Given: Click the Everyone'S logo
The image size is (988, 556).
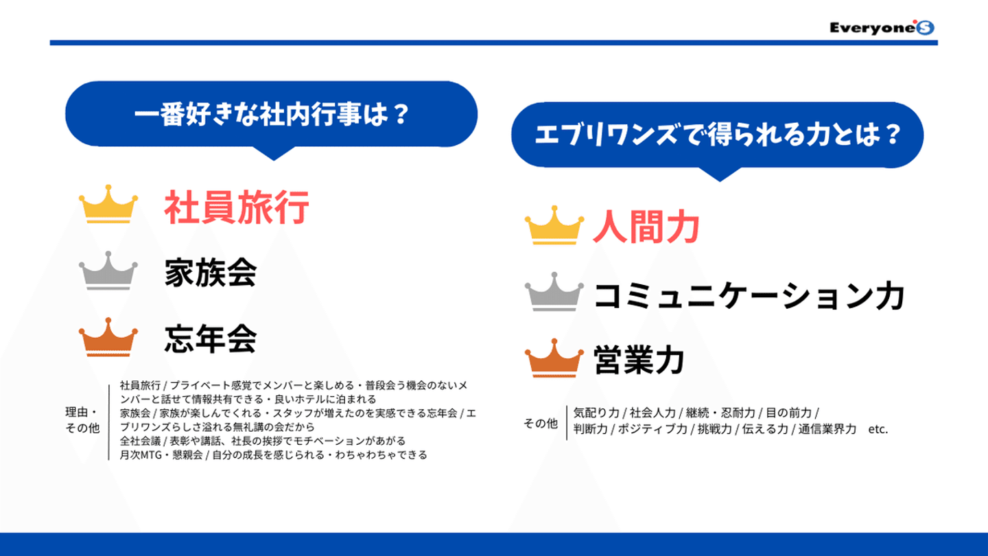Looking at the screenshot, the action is (x=882, y=27).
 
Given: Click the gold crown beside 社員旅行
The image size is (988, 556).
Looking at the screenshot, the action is (x=108, y=205).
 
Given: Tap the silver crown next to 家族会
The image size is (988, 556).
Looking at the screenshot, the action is (x=108, y=270).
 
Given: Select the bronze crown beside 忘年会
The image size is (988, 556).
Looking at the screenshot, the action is (x=108, y=336).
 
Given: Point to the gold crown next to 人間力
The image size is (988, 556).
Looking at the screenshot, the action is (x=554, y=225).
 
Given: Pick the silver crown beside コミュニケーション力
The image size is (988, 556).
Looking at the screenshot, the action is (x=554, y=292).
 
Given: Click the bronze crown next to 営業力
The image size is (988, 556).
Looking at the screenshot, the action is (x=554, y=358).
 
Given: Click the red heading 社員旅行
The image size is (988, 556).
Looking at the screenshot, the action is (x=237, y=207).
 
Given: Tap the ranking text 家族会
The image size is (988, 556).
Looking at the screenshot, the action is (x=211, y=273).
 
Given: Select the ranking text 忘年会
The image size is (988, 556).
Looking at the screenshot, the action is (x=211, y=339).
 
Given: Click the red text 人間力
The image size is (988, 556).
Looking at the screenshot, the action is (x=646, y=227).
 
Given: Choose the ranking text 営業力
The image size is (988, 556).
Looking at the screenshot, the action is (x=639, y=360).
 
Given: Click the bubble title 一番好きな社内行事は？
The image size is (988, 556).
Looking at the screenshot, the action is (x=272, y=114).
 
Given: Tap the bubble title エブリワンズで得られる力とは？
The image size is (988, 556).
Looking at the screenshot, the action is (x=717, y=135).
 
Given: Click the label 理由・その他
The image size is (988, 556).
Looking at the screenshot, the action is (x=82, y=419).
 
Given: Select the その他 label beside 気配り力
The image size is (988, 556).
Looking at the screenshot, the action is (x=541, y=424).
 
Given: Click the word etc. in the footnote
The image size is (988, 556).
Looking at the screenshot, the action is (x=878, y=430).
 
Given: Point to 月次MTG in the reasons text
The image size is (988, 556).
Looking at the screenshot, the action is (x=141, y=454).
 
